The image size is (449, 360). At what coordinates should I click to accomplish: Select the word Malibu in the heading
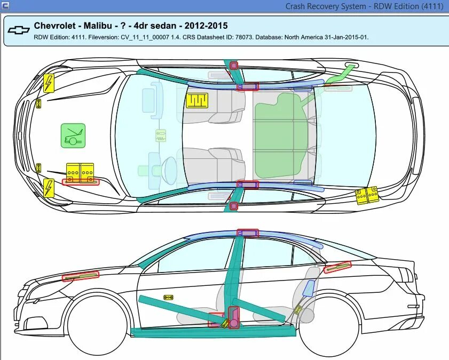[x=97, y=26]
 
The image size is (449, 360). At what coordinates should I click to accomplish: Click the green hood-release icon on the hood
[x=73, y=135]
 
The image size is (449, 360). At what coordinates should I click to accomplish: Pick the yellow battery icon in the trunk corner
[x=367, y=195]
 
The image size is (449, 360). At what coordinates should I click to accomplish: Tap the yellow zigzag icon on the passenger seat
[x=196, y=100]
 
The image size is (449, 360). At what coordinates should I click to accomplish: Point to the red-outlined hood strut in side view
[x=81, y=276]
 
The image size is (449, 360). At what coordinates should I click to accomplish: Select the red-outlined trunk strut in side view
[x=337, y=267]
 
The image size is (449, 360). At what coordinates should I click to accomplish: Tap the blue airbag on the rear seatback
[x=308, y=287]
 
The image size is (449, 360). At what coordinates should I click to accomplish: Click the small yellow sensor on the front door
[x=168, y=297]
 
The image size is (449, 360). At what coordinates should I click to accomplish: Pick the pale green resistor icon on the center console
[x=160, y=135]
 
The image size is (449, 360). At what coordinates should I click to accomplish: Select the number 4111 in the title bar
[x=432, y=6]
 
